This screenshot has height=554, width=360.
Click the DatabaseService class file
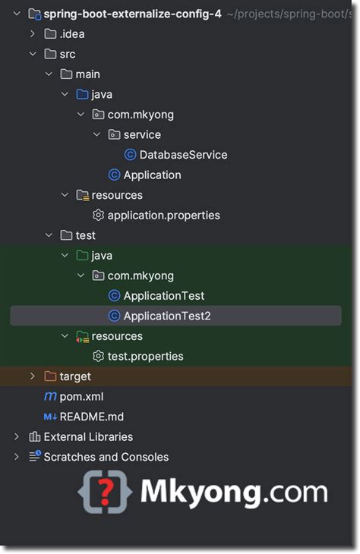[x=183, y=155]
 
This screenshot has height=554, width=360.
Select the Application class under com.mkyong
[x=152, y=175]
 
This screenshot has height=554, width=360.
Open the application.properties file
[x=163, y=216]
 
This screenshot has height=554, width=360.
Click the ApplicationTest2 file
[x=166, y=316]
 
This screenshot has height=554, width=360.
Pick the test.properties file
[x=145, y=356]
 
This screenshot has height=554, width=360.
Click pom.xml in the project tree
[x=81, y=396]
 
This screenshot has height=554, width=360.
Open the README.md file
[x=91, y=417]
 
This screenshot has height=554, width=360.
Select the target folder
[x=75, y=376]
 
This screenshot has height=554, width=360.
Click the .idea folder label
[x=72, y=34]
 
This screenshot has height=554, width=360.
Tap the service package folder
[x=142, y=135]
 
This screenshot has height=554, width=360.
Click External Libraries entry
[x=88, y=437]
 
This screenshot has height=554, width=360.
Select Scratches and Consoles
[x=106, y=457]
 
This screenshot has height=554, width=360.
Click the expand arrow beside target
[x=32, y=376]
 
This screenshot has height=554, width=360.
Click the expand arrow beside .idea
[x=32, y=34]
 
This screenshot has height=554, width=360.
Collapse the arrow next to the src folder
[x=32, y=55]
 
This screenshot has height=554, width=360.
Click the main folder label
[x=87, y=74]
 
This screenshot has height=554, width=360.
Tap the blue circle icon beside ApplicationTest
[x=114, y=296]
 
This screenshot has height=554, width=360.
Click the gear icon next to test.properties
[x=98, y=356]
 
